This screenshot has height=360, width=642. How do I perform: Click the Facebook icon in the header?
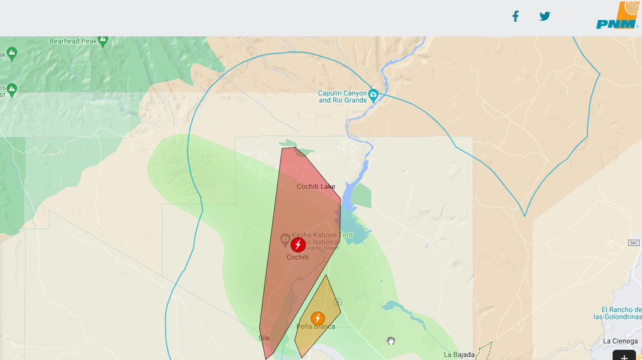click(515, 16)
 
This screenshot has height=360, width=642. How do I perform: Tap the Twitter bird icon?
click(545, 16)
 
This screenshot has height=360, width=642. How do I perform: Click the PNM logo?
click(617, 16)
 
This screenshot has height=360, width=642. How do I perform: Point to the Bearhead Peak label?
click(72, 41)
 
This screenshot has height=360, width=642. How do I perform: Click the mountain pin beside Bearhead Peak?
click(103, 40)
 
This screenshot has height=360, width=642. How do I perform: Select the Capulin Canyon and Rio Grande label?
click(342, 96)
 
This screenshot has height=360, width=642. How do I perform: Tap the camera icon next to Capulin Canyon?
click(373, 94)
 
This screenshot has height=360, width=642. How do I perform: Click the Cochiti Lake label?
click(315, 187)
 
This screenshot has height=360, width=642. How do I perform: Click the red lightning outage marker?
click(298, 245)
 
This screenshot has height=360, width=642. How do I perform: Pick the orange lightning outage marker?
click(317, 318)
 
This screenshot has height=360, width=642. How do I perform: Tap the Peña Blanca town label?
click(315, 326)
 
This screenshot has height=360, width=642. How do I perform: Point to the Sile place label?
click(264, 338)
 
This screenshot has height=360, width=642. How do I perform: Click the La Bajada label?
click(457, 354)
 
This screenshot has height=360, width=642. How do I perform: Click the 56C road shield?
click(633, 243)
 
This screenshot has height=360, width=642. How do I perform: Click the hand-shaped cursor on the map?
click(391, 341)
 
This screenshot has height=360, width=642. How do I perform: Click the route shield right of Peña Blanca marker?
click(338, 301)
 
